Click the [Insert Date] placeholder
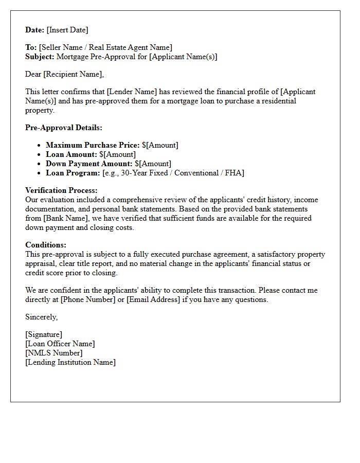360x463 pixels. click(x=67, y=30)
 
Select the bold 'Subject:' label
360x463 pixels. click(x=40, y=57)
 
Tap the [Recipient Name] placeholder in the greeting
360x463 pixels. click(x=74, y=74)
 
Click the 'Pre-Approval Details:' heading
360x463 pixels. click(x=64, y=128)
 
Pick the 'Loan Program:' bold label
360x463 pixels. click(x=73, y=173)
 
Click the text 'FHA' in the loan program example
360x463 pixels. click(x=236, y=173)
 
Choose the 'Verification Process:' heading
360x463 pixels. click(x=61, y=190)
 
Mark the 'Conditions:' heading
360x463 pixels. click(x=46, y=245)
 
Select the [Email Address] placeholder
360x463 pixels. click(x=153, y=299)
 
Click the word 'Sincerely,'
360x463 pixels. click(x=42, y=317)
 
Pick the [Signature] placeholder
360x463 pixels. click(x=44, y=334)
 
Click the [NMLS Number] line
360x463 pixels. click(x=53, y=353)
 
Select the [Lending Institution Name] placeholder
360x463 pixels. click(x=70, y=362)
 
